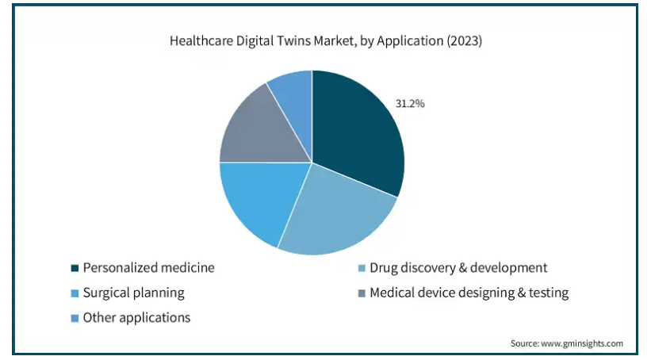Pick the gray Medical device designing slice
tap(258, 131)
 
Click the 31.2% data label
tap(410, 103)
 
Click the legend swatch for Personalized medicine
tap(75, 269)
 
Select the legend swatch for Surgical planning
tap(75, 293)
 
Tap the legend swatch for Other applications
tap(75, 318)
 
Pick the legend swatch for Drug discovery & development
tap(362, 269)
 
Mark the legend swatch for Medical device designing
tap(362, 293)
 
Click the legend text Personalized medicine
tap(149, 268)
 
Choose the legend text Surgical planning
tap(134, 293)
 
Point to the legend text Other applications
tap(137, 317)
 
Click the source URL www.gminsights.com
tap(583, 343)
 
